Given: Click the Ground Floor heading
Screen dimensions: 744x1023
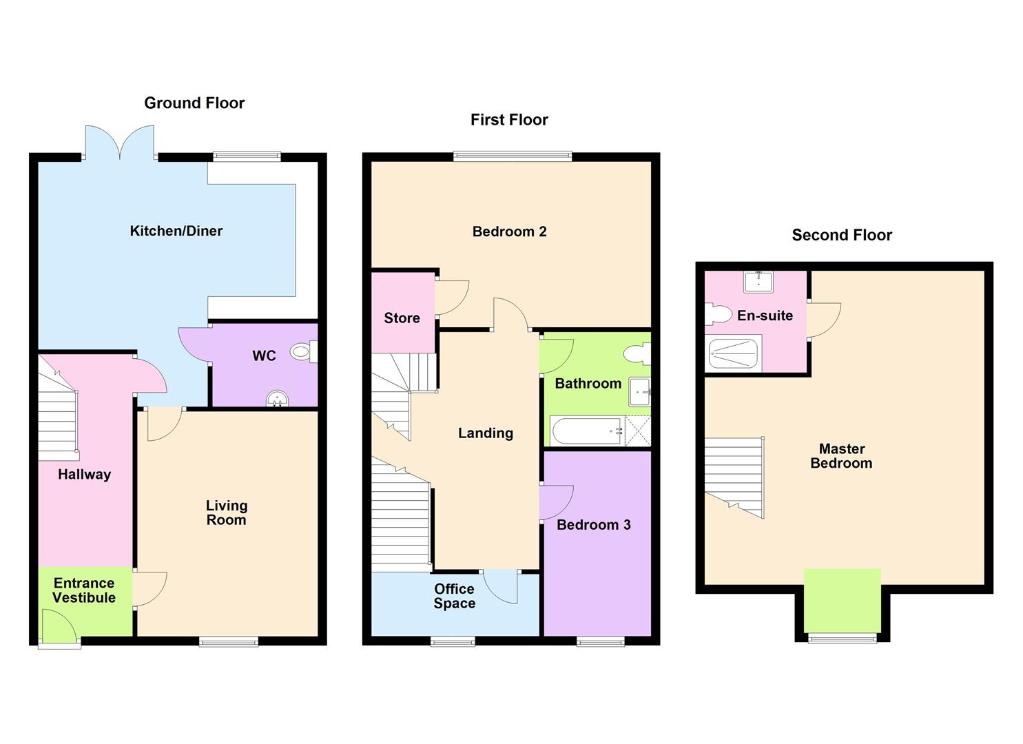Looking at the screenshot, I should click(194, 103).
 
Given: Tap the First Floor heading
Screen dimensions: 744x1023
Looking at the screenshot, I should click(509, 120).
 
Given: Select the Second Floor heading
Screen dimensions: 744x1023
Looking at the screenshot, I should click(842, 236).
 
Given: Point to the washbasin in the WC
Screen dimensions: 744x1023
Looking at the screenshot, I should click(278, 399).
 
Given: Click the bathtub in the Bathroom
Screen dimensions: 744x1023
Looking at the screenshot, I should click(586, 431).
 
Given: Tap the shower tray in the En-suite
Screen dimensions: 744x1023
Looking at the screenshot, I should click(734, 354).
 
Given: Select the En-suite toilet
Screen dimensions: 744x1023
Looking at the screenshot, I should click(718, 316).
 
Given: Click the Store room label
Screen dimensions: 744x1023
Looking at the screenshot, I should click(402, 318).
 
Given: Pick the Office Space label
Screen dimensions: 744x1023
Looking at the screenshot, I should click(454, 596).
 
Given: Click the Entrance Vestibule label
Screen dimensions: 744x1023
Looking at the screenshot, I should click(84, 591).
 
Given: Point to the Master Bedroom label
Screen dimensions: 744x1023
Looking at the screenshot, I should click(841, 456).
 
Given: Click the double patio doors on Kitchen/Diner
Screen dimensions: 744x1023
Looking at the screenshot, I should click(119, 143).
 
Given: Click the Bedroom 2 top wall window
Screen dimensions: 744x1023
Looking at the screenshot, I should click(513, 157).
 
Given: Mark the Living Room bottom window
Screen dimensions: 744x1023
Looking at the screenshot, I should click(229, 642).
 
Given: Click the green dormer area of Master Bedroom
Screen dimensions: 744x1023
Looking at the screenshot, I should click(842, 599).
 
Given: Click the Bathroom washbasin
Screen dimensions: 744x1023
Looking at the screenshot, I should click(639, 392).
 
